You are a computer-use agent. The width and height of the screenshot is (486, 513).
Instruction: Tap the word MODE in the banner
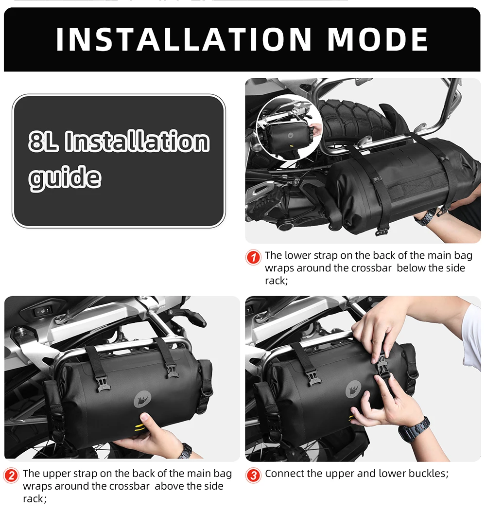pos(378,39)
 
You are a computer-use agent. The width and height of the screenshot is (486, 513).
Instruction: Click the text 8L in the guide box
pos(44,142)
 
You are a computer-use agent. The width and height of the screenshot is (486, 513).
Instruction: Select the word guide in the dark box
pos(65,177)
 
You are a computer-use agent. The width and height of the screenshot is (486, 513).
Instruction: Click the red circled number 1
pos(253,257)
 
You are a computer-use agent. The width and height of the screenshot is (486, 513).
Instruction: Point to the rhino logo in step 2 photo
pos(142,399)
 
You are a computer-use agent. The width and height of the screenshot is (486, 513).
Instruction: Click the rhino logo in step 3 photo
pos(354,390)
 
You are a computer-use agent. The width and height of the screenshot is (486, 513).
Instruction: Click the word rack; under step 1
pos(277,281)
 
